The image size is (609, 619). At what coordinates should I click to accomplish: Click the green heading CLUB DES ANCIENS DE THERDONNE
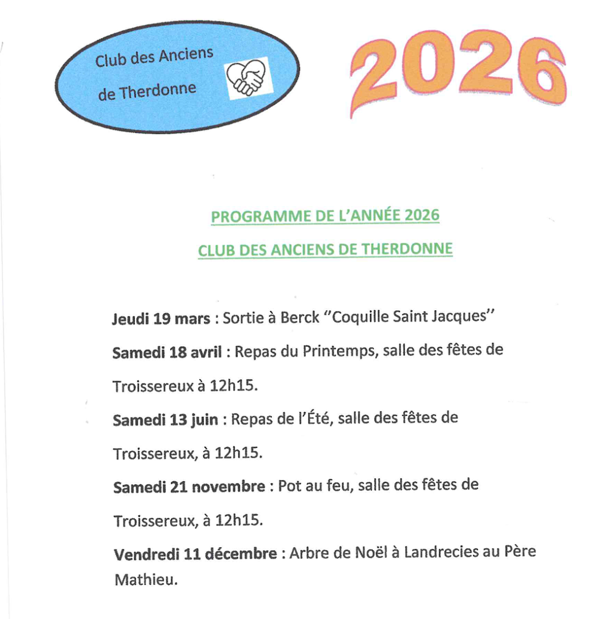click(x=325, y=250)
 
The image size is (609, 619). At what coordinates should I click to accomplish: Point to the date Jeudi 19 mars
click(x=161, y=319)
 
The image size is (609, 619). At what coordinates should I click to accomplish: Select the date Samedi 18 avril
click(x=167, y=352)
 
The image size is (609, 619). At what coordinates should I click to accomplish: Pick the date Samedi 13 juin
click(x=165, y=420)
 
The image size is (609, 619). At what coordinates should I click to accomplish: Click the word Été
click(x=317, y=418)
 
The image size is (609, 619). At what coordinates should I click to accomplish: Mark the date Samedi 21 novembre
click(x=189, y=487)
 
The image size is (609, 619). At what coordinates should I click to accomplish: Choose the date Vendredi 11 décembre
click(x=196, y=554)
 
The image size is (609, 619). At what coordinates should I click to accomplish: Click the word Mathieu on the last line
click(x=145, y=580)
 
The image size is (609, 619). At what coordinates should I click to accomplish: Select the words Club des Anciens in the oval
click(x=154, y=58)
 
